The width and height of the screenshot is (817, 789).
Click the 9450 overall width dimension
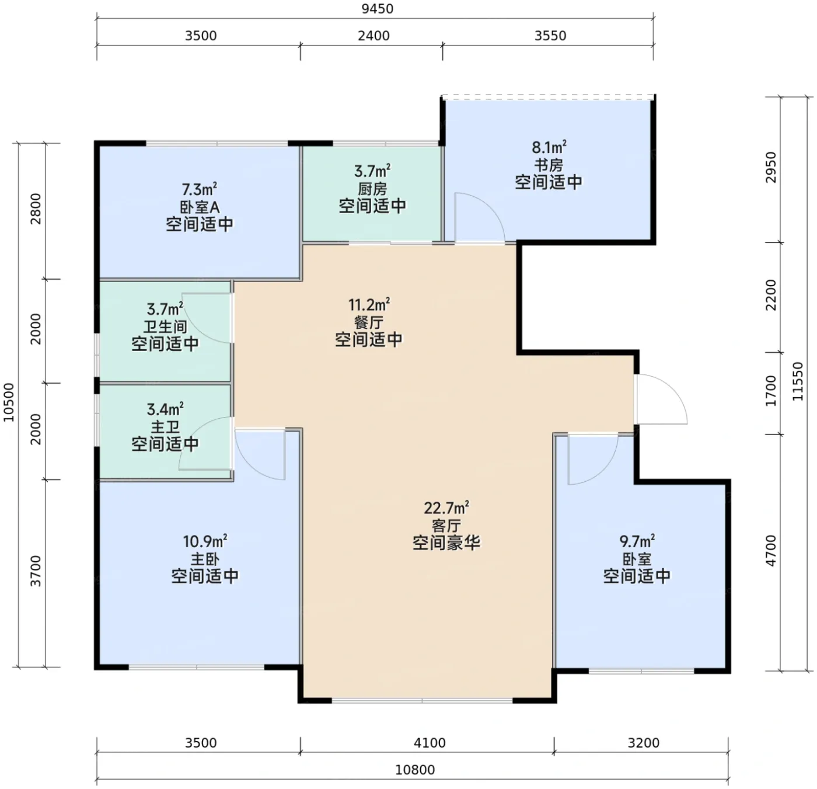[378, 8]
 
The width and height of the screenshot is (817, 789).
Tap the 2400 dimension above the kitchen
[373, 36]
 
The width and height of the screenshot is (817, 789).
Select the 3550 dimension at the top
[550, 36]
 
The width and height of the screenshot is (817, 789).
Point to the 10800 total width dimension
[415, 770]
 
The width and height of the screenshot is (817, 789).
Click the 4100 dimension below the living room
[430, 743]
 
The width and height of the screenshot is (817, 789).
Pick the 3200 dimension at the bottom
[644, 743]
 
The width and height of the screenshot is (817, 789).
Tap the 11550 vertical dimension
[797, 381]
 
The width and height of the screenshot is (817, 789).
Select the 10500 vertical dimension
[8, 402]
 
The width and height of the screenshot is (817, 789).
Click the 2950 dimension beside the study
[771, 167]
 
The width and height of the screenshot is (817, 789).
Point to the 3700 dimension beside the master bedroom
[36, 571]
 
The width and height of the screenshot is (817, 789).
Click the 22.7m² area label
[446, 508]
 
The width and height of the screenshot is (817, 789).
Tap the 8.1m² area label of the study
[549, 147]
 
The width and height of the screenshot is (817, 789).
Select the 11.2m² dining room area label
[369, 304]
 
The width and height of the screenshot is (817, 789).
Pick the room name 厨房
[372, 189]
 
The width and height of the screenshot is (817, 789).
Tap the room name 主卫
[165, 427]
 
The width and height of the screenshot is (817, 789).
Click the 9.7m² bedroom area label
[637, 541]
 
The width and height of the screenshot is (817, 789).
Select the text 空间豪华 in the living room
[446, 543]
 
